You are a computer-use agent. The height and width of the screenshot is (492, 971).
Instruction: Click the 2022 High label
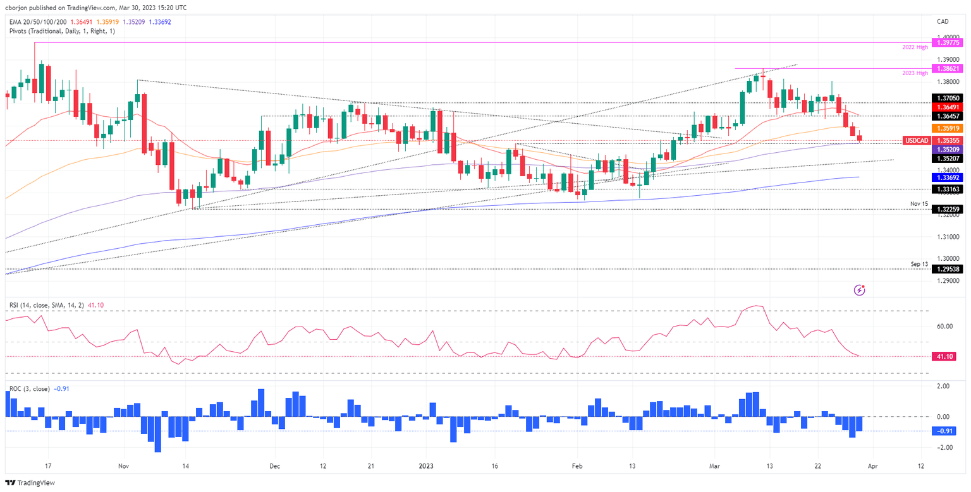[x=915, y=47]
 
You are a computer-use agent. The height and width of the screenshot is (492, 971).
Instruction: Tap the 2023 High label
[x=915, y=73]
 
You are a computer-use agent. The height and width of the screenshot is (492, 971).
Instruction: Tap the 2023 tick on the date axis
[x=426, y=466]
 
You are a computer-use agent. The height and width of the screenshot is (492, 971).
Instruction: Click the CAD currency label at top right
[x=944, y=21]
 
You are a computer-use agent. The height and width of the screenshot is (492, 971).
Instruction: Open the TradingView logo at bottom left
[x=32, y=483]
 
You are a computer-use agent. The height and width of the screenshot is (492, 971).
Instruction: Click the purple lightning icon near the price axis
[x=859, y=290]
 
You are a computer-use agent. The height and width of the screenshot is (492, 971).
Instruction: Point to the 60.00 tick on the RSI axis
[x=944, y=327]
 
